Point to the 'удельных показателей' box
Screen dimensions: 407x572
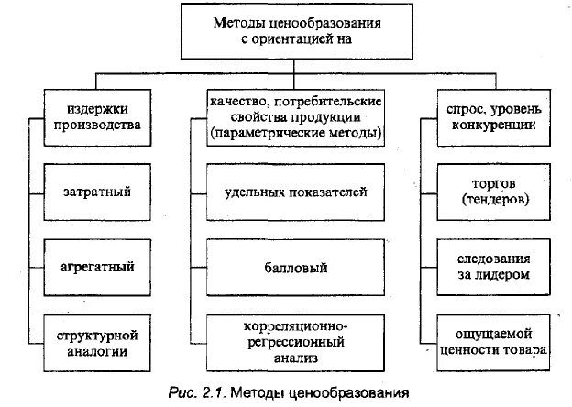point(295,193)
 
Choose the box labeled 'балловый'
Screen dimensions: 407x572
point(295,267)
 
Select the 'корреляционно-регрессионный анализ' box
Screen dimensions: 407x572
point(295,341)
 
